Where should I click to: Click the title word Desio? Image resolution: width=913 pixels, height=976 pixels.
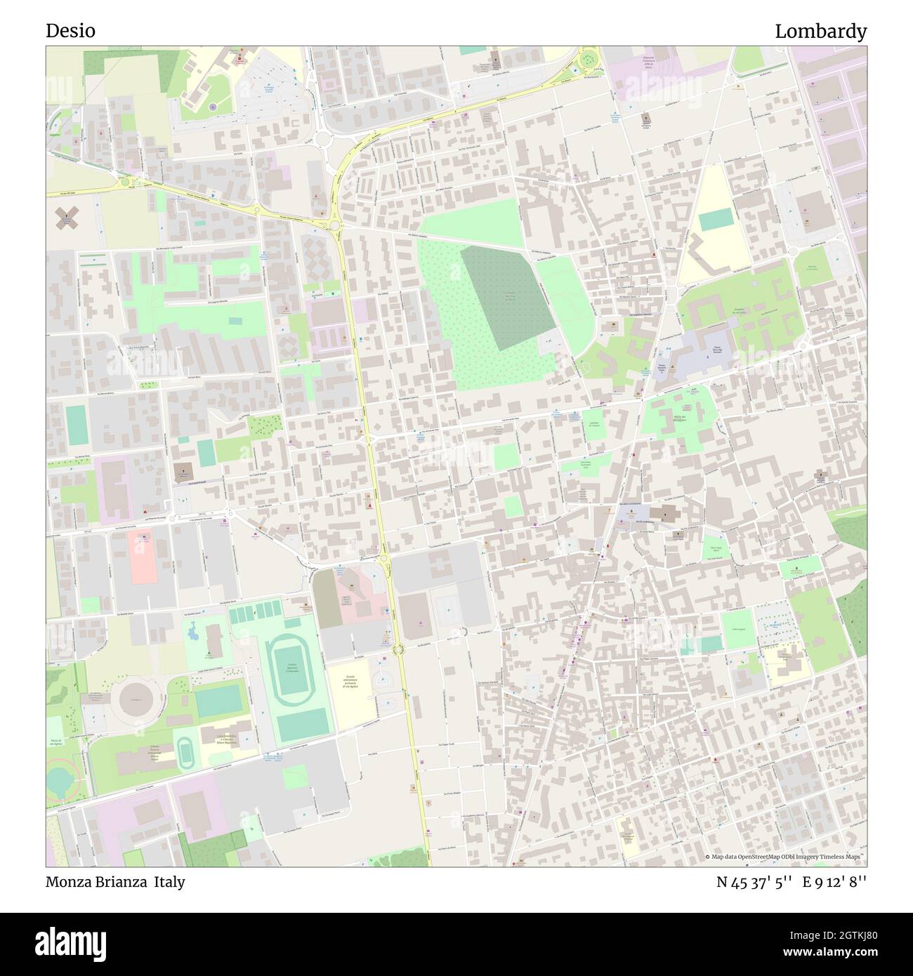point(70,31)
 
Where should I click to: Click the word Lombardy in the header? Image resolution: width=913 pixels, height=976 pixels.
point(820,31)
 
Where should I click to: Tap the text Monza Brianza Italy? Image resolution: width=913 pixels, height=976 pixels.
point(116,881)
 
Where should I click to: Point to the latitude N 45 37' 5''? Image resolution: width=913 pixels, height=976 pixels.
point(755,881)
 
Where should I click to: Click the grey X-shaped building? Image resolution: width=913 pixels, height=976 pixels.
point(68,219)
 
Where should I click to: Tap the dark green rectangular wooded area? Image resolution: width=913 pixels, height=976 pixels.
point(507,296)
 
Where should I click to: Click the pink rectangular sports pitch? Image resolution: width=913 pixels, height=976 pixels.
point(142,558)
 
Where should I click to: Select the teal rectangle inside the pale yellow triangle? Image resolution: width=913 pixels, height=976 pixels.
point(714,220)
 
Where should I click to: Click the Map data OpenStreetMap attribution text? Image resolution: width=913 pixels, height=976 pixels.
point(784,857)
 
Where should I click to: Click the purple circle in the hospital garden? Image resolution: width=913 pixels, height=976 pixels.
point(212,107)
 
